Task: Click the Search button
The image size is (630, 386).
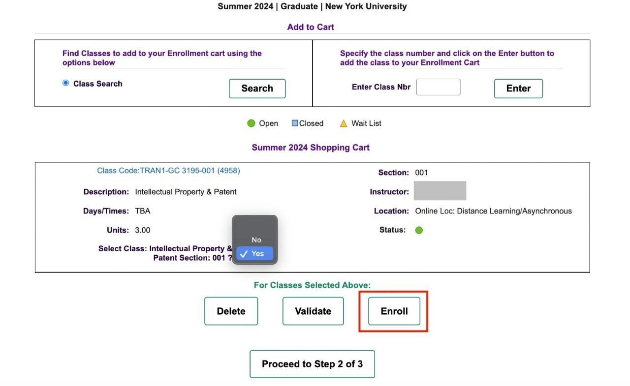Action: tap(257, 89)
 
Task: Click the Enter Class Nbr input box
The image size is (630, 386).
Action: tap(438, 87)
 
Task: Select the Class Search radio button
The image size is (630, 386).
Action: tap(66, 83)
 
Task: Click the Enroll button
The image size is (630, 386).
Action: tap(394, 311)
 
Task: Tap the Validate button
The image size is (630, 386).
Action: tap(313, 311)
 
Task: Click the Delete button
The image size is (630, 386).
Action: tap(231, 311)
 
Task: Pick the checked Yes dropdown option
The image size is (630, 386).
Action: tap(255, 253)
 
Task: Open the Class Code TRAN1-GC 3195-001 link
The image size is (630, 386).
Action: tap(168, 171)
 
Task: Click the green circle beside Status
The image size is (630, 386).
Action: tap(419, 230)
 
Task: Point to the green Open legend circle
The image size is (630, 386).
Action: tap(251, 123)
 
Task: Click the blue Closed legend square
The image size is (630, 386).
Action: tap(295, 123)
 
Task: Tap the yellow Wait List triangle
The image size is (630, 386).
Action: tap(344, 124)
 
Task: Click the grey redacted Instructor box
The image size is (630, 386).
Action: tap(440, 190)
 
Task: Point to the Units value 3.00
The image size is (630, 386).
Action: tap(143, 230)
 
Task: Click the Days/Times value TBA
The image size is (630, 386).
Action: tap(143, 211)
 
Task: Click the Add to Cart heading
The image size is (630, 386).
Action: tap(311, 27)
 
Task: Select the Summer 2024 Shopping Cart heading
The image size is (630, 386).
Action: tap(311, 148)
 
